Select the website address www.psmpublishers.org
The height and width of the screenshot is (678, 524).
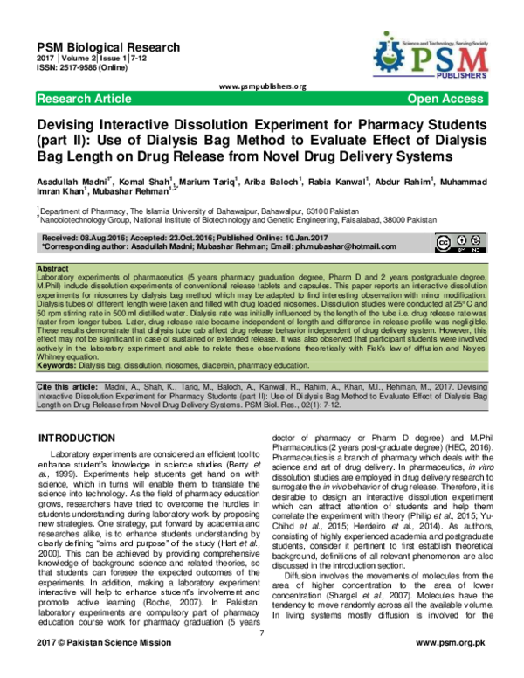click(262, 86)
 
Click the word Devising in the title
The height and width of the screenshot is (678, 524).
click(72, 124)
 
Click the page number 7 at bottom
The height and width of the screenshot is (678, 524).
click(261, 645)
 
